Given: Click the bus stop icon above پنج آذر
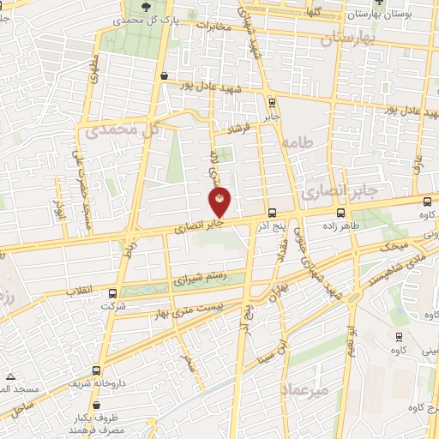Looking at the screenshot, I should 272,213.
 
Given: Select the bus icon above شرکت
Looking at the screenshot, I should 113,293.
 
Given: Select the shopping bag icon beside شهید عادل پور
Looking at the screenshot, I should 163,75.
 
